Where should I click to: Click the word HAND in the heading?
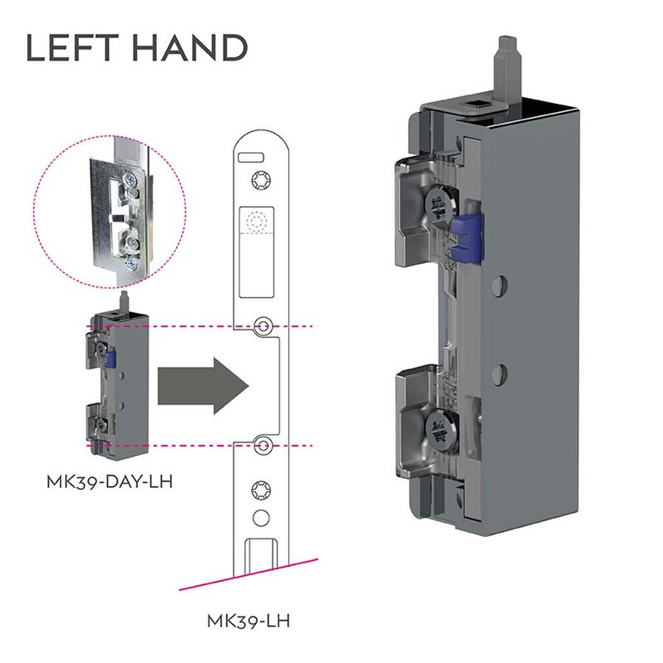point(191,49)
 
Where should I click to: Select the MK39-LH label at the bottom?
point(248,621)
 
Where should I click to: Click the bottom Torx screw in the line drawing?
point(262,488)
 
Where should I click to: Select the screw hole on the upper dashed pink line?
point(262,326)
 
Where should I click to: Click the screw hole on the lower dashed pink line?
point(262,444)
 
